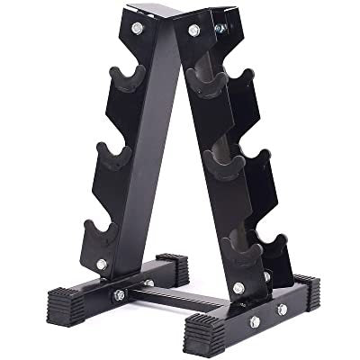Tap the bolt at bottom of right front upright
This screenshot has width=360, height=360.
coord(238,287)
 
